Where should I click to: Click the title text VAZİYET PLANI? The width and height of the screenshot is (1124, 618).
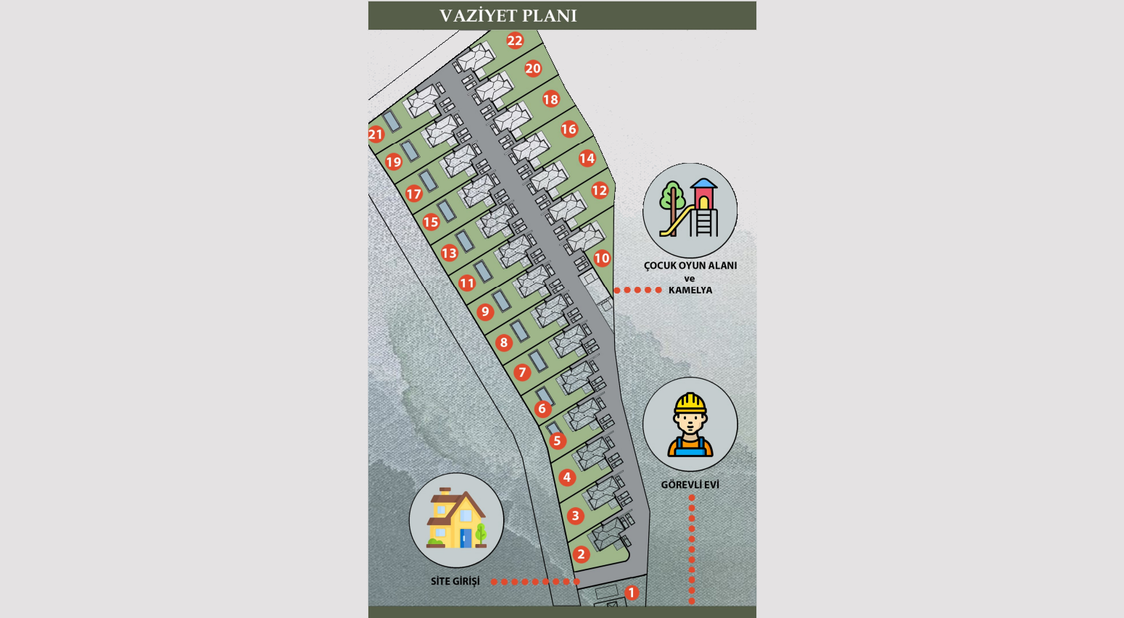[508, 16]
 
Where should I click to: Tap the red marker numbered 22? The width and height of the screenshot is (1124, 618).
[515, 41]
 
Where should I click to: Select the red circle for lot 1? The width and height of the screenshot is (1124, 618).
[632, 593]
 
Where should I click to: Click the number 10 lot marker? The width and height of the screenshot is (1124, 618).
[602, 258]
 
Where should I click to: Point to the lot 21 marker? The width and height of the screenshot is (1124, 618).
[376, 134]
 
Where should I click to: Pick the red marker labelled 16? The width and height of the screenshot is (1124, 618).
[569, 129]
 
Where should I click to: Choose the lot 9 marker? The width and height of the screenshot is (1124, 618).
[484, 312]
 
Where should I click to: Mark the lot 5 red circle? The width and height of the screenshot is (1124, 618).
[557, 441]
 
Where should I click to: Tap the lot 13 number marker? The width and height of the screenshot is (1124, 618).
[449, 253]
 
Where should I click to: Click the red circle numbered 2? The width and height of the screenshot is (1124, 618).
[581, 554]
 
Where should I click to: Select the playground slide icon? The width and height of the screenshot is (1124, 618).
[677, 221]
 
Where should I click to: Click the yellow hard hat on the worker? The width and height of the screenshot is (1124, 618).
[690, 403]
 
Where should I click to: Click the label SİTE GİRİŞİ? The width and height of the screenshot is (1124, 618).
[455, 581]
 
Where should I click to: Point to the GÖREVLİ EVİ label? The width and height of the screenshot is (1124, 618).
[690, 485]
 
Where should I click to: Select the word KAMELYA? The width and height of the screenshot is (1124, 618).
[690, 291]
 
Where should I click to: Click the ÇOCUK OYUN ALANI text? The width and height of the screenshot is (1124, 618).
[690, 266]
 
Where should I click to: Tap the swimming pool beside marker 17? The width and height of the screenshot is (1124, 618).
[428, 181]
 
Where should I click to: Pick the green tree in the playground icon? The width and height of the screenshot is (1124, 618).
[672, 206]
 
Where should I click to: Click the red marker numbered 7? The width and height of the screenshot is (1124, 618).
[522, 372]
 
